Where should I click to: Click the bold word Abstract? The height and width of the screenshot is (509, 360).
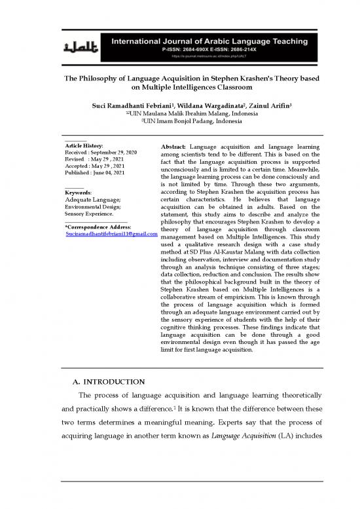coord(173,144)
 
